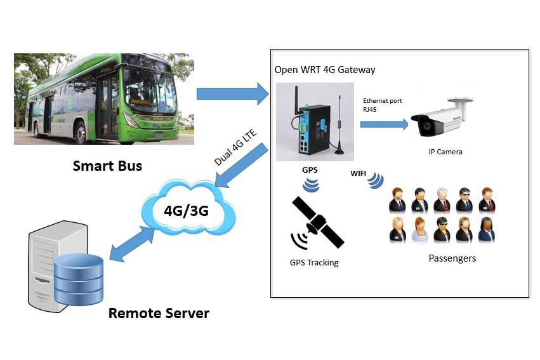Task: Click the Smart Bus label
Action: point(107,166)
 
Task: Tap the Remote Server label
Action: point(159,313)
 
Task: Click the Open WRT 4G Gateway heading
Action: point(324,69)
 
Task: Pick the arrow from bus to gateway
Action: point(232,94)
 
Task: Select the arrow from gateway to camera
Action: point(384,124)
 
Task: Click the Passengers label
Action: point(452,258)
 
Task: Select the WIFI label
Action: point(359,172)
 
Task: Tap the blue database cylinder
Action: point(78,279)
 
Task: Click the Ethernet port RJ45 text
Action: point(382,105)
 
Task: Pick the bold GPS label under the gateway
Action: point(310,171)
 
